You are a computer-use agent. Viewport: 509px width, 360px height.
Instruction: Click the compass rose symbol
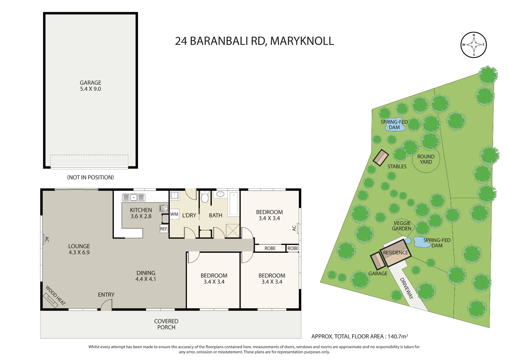click(474, 45)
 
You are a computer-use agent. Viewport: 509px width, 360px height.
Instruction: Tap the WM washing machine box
click(174, 214)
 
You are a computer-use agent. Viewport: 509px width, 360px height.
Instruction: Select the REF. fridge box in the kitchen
click(164, 229)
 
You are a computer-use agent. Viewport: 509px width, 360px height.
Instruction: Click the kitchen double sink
click(134, 197)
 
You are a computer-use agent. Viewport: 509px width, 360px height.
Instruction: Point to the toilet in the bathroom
click(205, 197)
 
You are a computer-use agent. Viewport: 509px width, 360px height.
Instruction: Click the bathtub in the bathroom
click(234, 204)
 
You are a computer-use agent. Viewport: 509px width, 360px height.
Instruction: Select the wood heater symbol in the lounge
click(50, 300)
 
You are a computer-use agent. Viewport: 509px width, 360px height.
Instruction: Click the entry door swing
click(106, 305)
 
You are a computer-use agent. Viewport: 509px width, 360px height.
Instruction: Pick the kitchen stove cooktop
click(164, 209)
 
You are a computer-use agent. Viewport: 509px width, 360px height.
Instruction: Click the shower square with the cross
click(233, 231)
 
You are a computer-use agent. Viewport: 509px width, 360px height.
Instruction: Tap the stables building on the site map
click(381, 158)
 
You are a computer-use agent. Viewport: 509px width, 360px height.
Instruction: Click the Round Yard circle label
click(426, 159)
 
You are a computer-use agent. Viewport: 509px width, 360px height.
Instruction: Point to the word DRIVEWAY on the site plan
click(406, 288)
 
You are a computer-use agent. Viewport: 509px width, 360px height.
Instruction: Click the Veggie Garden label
click(402, 226)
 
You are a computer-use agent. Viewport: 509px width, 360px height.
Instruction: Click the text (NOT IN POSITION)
click(90, 177)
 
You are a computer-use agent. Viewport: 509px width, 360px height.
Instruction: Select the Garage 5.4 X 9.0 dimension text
click(90, 86)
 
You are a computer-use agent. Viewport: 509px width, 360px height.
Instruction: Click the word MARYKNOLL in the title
click(302, 41)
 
